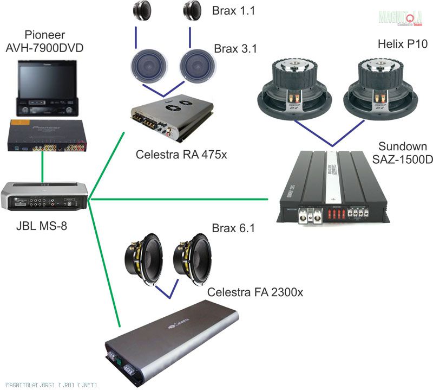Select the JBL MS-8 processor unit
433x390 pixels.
43,196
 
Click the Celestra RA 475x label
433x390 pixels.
181,155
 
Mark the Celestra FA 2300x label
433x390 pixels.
255,293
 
